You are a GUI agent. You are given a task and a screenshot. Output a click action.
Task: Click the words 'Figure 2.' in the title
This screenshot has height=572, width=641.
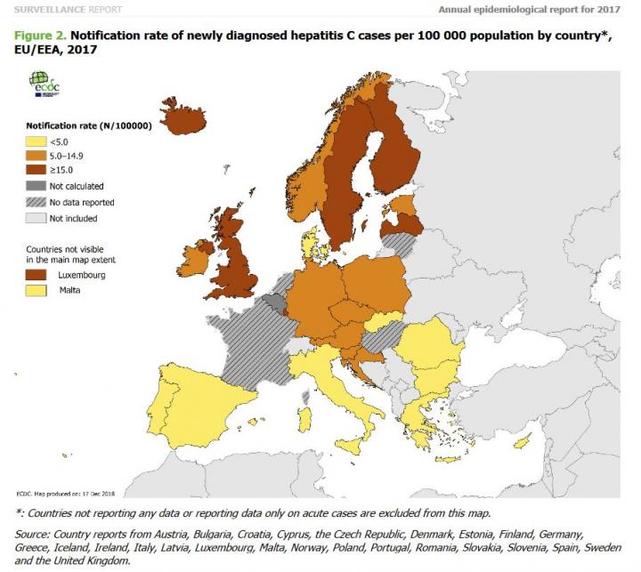point(40,36)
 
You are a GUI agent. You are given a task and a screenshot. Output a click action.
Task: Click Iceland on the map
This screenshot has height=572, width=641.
point(188,119)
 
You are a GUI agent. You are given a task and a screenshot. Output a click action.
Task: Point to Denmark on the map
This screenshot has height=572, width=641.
point(310,240)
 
